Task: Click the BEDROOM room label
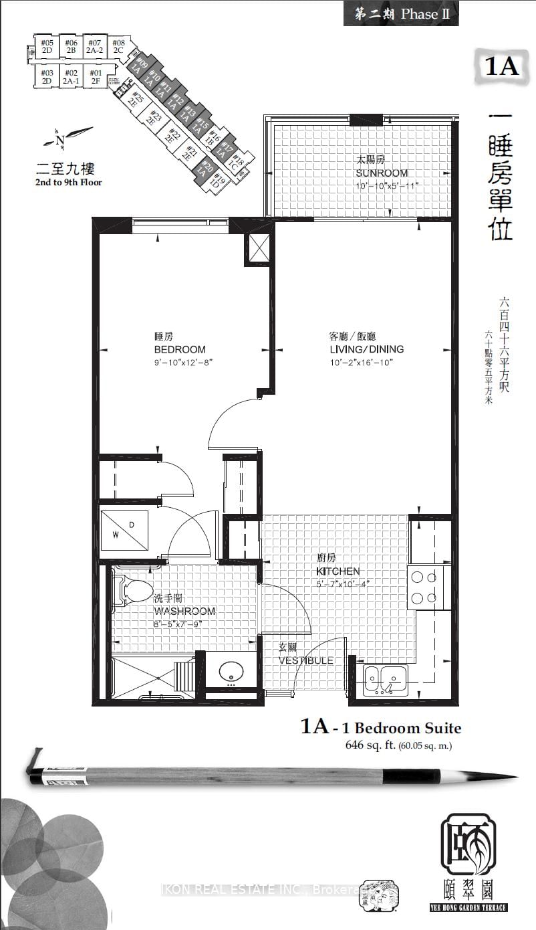point(179,349)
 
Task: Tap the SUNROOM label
point(381,173)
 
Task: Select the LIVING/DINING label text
point(366,349)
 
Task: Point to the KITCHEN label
point(338,571)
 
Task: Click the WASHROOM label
point(184,611)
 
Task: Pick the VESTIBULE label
point(306,660)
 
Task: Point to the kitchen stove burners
point(422,587)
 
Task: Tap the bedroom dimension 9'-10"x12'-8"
point(183,362)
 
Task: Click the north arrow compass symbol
point(65,138)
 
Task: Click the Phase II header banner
point(401,14)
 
